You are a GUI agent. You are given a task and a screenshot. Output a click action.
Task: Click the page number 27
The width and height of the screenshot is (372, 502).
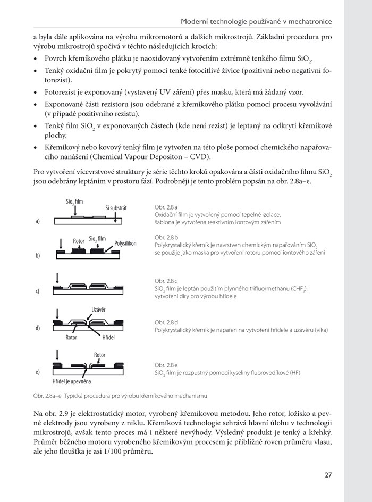tap(328, 475)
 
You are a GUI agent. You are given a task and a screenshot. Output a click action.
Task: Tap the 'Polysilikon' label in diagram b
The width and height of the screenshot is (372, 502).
tap(125, 243)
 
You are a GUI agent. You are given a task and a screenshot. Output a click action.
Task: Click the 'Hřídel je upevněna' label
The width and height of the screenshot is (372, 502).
tap(72, 381)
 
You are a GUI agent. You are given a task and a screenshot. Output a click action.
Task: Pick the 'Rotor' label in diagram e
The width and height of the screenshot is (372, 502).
tap(99, 355)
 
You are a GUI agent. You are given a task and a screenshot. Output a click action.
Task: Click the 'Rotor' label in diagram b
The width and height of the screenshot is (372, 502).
tap(79, 241)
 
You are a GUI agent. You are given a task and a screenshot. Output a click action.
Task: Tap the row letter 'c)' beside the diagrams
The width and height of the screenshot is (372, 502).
tap(38, 291)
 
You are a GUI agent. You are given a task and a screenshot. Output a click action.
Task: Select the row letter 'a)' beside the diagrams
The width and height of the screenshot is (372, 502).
tap(38, 221)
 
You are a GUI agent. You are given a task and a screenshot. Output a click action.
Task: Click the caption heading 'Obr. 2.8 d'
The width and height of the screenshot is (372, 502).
tap(166, 322)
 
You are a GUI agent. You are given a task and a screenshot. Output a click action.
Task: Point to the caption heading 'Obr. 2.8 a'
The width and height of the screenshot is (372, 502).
tap(166, 206)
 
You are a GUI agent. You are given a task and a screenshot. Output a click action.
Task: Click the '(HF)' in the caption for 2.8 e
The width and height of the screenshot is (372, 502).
tap(293, 373)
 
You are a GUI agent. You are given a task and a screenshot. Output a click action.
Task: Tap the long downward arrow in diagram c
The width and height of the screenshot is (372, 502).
tap(57, 279)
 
